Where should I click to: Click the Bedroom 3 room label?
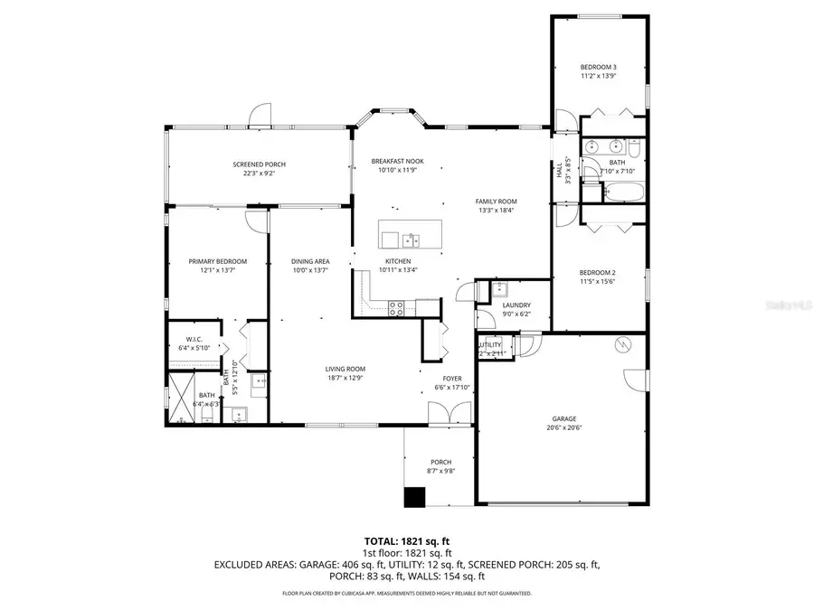[598, 67]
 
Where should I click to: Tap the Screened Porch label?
[259, 164]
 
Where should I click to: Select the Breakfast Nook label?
[397, 161]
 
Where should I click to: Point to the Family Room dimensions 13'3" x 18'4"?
[497, 211]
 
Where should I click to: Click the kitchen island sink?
[410, 239]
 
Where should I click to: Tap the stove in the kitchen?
[396, 307]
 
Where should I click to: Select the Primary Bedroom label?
[217, 261]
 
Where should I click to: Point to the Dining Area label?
[308, 261]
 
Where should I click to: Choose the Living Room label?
[345, 369]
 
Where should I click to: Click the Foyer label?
[451, 379]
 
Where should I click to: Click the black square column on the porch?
[414, 497]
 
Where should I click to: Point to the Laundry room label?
[515, 305]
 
